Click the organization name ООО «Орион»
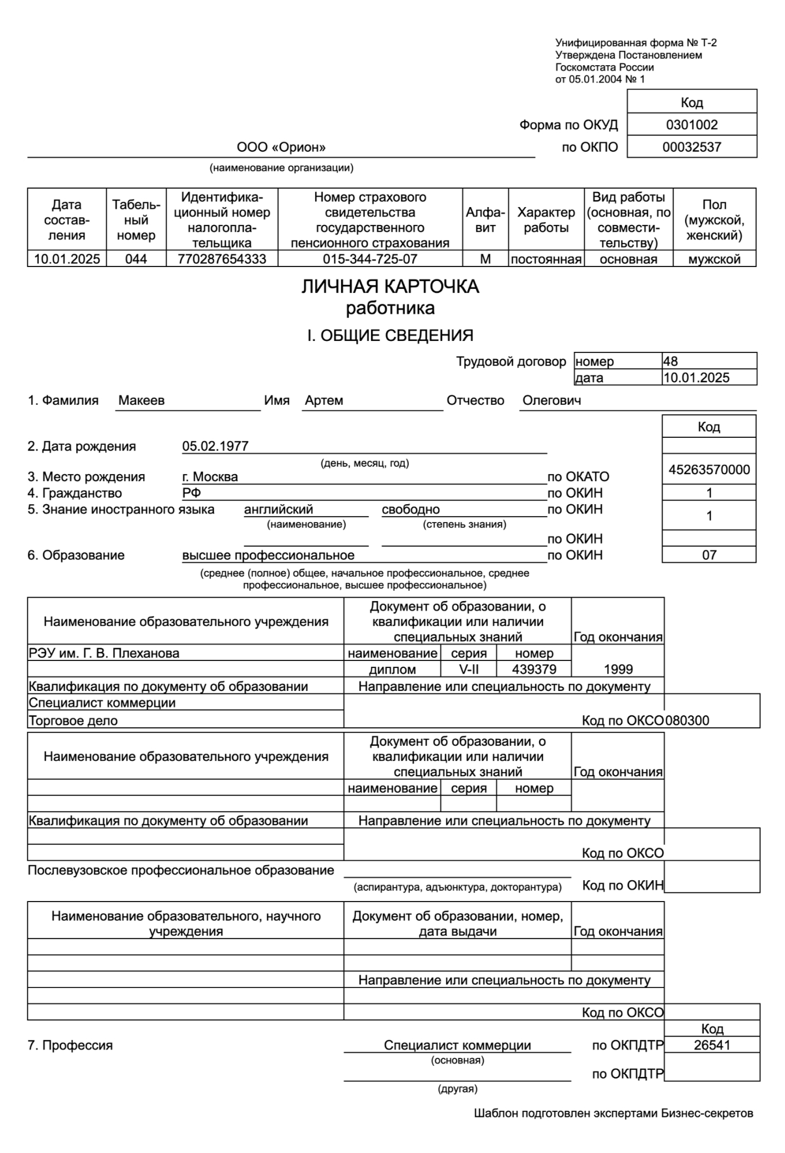[281, 148]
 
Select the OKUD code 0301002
[691, 125]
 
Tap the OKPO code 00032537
[691, 147]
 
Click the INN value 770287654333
[222, 259]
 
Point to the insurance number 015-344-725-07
[369, 259]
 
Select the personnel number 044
[136, 259]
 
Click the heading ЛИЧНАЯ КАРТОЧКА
[390, 287]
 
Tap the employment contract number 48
[670, 362]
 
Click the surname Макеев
[141, 400]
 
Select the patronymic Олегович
[551, 400]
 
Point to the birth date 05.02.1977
[215, 446]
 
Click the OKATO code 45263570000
[709, 470]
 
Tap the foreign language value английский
[278, 509]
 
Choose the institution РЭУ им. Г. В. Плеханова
[104, 654]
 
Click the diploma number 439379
[534, 670]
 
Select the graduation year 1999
[618, 670]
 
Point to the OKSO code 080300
[687, 720]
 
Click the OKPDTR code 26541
[712, 1045]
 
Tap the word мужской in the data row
[714, 259]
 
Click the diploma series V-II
[468, 670]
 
